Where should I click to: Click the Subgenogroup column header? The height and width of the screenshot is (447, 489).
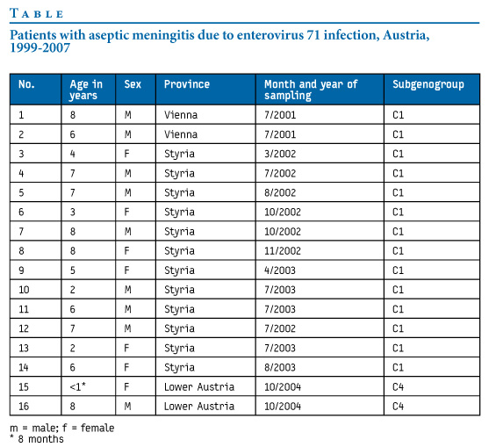428,84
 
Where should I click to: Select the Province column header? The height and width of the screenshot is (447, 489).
187,84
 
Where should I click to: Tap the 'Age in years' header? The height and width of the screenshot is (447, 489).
86,90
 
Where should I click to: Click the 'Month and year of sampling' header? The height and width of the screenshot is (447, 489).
311,90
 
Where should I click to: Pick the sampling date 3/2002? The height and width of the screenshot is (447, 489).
280,154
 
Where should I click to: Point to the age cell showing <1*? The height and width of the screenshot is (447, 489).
77,386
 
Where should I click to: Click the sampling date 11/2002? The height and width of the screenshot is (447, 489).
283,251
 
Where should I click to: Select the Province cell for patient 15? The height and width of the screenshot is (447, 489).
199,386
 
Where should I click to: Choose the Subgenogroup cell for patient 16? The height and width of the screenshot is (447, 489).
399,406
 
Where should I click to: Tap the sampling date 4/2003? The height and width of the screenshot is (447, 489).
280,270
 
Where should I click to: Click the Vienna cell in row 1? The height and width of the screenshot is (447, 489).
181,115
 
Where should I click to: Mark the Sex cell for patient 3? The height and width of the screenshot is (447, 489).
126,154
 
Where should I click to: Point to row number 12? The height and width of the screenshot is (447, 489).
24,328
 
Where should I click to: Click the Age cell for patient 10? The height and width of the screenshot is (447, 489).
72,290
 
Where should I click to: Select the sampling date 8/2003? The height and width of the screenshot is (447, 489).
280,367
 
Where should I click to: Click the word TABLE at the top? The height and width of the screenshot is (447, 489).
37,13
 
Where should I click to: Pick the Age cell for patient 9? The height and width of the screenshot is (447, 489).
72,270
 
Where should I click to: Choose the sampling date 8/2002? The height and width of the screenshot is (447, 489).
280,192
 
